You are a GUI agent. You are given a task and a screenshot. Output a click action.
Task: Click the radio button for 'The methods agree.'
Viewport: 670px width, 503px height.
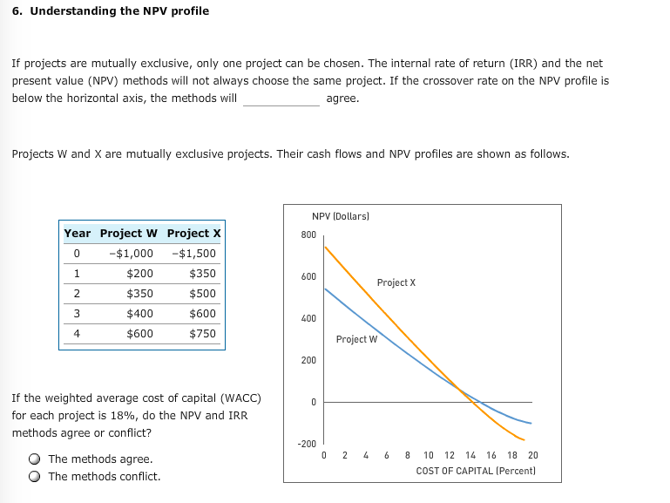coord(34,459)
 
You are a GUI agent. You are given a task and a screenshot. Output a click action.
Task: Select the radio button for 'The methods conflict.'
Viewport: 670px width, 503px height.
coord(34,477)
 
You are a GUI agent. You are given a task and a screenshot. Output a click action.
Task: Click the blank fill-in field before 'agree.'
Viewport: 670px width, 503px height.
coord(281,99)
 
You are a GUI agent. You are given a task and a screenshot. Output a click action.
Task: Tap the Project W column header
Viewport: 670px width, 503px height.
coord(129,234)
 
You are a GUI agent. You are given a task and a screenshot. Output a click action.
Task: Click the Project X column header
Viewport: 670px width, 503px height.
coord(194,234)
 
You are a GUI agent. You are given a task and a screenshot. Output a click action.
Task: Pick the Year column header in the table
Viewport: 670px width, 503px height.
coord(77,234)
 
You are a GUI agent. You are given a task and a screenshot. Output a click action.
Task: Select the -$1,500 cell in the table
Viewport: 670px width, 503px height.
coord(195,254)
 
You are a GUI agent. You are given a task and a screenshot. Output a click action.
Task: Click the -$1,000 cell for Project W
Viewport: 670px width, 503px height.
coord(132,254)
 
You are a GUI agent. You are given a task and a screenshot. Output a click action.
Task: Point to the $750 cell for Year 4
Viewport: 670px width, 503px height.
coord(202,333)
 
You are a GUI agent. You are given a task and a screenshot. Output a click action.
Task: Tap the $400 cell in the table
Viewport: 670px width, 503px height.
coord(139,313)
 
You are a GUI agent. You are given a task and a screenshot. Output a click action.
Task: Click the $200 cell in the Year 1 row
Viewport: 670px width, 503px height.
coord(139,274)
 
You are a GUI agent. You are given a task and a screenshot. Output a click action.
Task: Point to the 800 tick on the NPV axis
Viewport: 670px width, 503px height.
coord(308,235)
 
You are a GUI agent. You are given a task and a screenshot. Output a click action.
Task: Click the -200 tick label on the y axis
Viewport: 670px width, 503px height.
coord(307,444)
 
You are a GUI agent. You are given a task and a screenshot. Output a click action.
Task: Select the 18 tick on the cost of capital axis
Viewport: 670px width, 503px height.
coord(513,455)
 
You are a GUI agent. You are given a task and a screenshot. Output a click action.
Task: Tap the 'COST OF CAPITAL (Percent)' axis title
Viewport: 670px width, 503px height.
coord(476,471)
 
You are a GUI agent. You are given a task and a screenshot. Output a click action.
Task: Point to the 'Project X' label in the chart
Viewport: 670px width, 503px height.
coord(396,282)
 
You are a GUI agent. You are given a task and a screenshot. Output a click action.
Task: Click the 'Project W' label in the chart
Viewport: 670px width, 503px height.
coord(356,339)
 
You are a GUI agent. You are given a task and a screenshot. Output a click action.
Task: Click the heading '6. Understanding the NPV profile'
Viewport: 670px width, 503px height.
coord(111,11)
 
